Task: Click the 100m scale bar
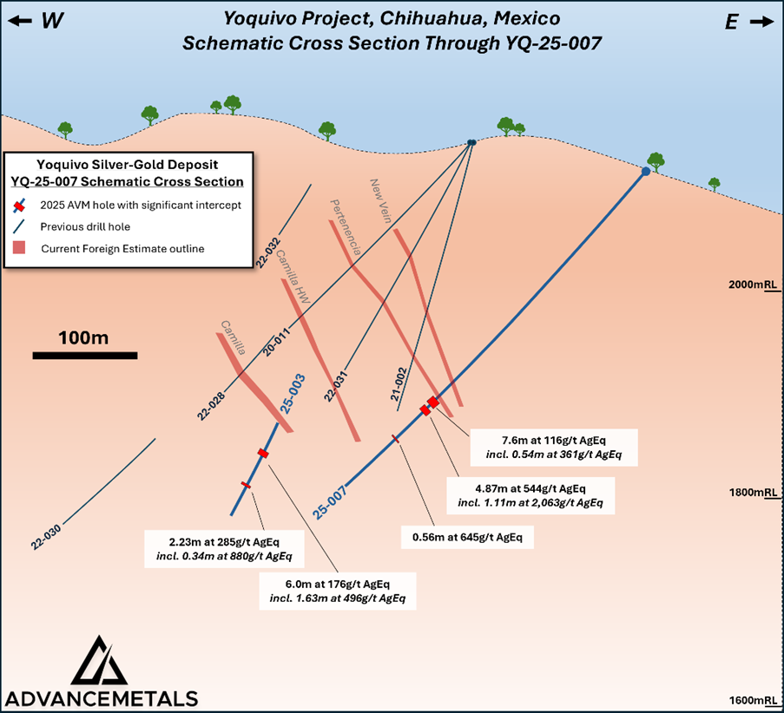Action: (85, 355)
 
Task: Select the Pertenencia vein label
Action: (345, 226)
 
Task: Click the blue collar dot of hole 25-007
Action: (646, 172)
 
